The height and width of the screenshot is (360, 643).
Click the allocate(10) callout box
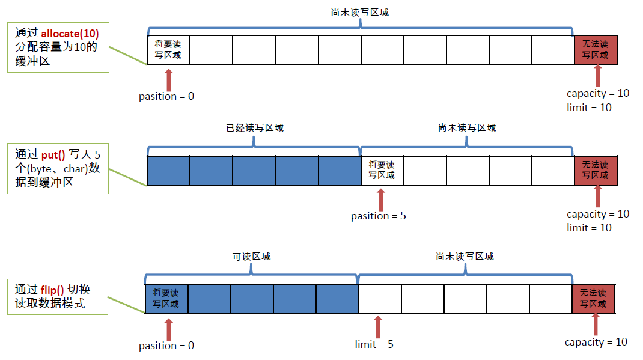tap(58, 47)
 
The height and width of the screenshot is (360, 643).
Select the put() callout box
tap(58, 168)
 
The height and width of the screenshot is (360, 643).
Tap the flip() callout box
tap(58, 296)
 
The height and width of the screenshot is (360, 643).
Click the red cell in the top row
tap(596, 50)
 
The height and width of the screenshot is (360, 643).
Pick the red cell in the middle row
tap(596, 170)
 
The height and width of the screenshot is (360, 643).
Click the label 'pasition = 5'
tap(379, 216)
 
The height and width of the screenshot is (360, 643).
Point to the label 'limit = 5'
tap(374, 344)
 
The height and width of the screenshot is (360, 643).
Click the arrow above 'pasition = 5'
tap(380, 199)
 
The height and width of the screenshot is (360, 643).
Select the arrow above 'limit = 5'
tap(377, 327)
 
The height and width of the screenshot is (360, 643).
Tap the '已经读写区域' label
tap(254, 127)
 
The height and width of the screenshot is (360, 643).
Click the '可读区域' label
tap(251, 256)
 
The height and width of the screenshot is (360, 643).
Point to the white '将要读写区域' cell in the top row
tap(168, 50)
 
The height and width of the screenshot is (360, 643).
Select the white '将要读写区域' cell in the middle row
tap(382, 170)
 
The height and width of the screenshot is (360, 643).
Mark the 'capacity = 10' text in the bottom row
tap(596, 342)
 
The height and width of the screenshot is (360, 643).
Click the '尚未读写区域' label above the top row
tap(360, 12)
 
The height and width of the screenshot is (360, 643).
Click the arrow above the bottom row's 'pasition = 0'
tap(168, 328)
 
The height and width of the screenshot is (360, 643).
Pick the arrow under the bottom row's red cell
tap(596, 325)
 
